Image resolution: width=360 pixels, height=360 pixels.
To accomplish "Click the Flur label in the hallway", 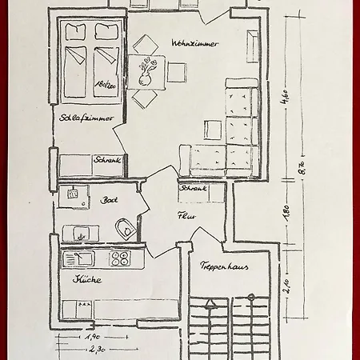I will click(187, 214).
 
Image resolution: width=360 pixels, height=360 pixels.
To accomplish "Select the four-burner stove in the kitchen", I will click(120, 258).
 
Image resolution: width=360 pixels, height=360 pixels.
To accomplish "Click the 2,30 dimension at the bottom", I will click(98, 350).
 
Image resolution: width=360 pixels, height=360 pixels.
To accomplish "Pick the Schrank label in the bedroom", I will click(107, 160).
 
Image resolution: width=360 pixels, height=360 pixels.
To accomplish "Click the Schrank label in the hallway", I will click(192, 189).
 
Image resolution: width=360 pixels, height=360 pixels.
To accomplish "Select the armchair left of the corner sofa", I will click(214, 129).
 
